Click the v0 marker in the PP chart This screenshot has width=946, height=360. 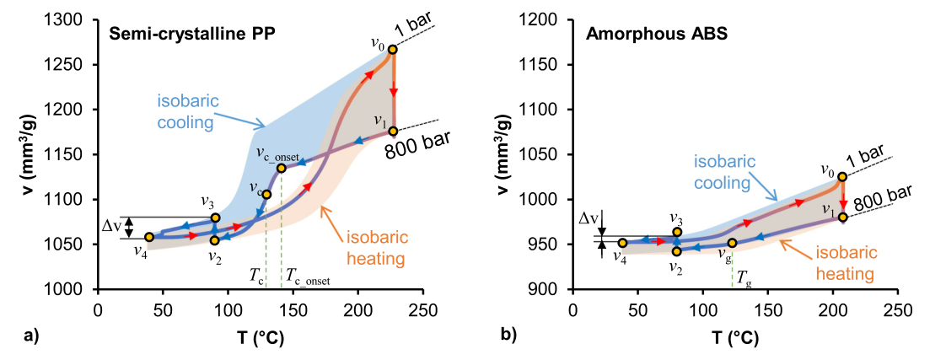[393, 49]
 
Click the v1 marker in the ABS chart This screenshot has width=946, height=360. [842, 217]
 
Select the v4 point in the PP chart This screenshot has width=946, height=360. [149, 237]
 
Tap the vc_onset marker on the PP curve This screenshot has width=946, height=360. [281, 168]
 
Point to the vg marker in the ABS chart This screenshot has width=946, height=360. [732, 243]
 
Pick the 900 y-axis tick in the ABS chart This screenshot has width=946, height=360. [554, 289]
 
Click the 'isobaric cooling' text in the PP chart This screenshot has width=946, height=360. [188, 110]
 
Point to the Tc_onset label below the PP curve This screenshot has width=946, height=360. [307, 275]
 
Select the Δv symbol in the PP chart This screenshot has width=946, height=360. [111, 226]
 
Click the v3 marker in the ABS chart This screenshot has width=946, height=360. [676, 232]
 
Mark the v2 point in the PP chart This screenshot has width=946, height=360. [215, 240]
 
